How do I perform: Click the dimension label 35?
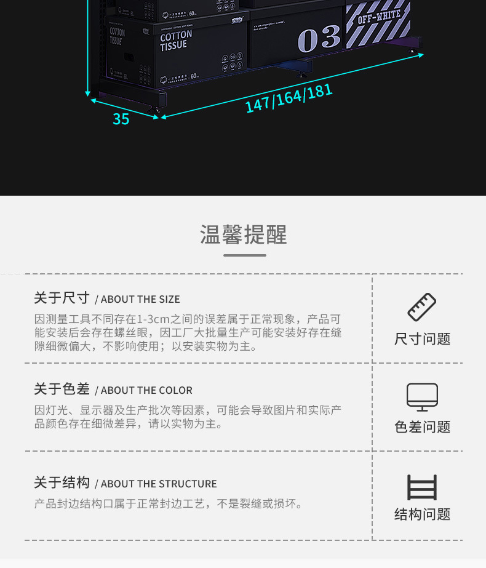[x=121, y=119]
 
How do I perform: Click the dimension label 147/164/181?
[x=289, y=98]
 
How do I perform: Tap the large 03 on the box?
[x=319, y=39]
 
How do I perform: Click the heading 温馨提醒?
[x=244, y=234]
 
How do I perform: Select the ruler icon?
[x=422, y=307]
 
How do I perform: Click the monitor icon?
[x=422, y=397]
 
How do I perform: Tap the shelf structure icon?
[x=422, y=487]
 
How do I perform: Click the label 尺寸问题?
[x=423, y=339]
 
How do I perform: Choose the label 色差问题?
[x=423, y=427]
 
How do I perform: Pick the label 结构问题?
[x=423, y=514]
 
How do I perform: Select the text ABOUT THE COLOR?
[x=146, y=391]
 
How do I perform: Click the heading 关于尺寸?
[x=62, y=298]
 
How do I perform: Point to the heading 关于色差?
[x=62, y=390]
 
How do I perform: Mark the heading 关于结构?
[x=62, y=483]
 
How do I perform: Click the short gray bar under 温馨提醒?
[x=244, y=255]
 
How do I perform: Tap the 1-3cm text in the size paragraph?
[x=153, y=319]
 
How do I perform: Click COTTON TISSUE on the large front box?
[x=176, y=41]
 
